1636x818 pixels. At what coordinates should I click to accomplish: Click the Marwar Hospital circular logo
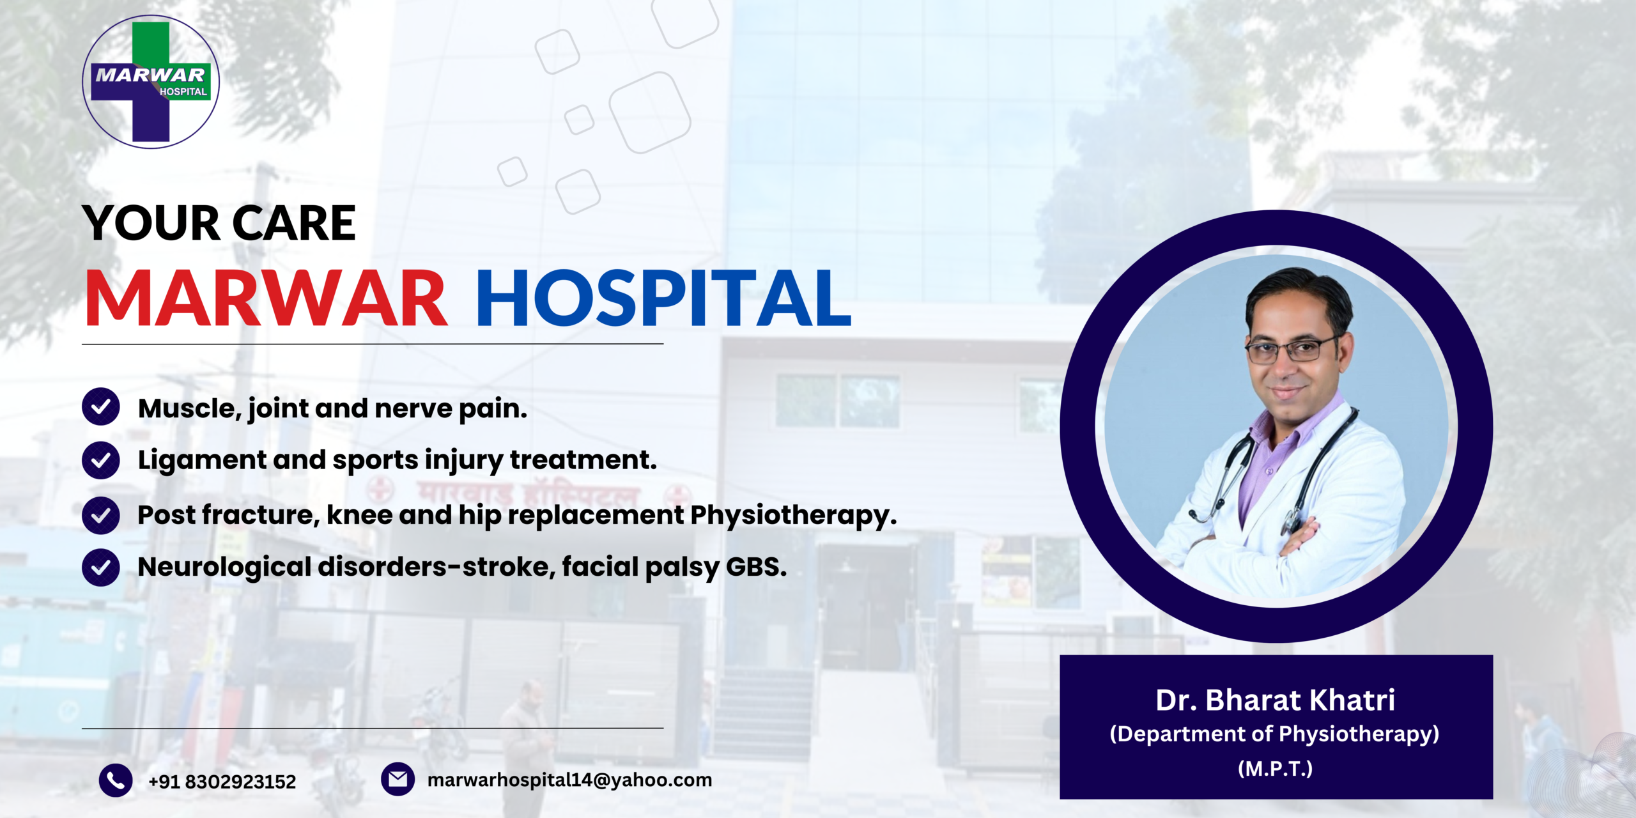[151, 82]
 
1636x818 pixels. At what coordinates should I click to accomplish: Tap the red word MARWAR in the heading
[266, 298]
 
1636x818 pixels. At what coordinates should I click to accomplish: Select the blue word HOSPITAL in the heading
[664, 298]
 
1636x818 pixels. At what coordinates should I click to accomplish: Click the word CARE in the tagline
[294, 224]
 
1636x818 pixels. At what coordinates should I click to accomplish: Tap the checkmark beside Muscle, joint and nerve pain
[101, 406]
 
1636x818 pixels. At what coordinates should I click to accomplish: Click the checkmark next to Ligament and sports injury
[101, 460]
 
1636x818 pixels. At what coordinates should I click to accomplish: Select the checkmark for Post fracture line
[101, 515]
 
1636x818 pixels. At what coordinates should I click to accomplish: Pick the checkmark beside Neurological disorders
[101, 567]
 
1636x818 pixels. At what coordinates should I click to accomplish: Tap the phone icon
[116, 780]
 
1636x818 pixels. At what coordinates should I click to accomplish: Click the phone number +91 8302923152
[222, 782]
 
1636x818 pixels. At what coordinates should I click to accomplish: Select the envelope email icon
[397, 779]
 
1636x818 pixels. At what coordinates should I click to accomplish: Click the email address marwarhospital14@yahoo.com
[569, 780]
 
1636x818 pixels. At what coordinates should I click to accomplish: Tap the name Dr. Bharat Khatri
[1276, 700]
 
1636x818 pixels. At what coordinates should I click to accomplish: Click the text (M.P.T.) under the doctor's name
[1276, 768]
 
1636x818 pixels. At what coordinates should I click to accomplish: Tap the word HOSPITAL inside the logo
[183, 92]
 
